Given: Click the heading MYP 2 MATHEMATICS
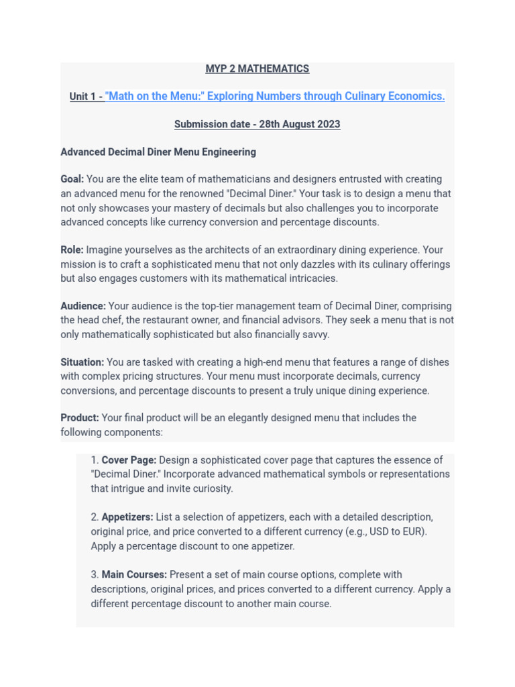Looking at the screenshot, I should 257,69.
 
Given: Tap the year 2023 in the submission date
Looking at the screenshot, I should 328,125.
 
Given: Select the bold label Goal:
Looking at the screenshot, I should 72,179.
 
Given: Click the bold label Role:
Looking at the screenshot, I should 72,250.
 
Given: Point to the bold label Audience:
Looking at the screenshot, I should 83,307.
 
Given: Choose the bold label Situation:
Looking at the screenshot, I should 82,362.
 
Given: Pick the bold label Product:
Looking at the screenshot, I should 80,418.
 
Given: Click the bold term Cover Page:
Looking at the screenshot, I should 129,460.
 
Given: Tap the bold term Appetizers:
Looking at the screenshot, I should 127,517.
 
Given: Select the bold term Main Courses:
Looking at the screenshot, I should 134,575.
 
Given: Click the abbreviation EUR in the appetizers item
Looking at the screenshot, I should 412,532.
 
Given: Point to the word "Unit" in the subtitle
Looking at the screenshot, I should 80,97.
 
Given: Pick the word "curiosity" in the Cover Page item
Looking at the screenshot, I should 211,489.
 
